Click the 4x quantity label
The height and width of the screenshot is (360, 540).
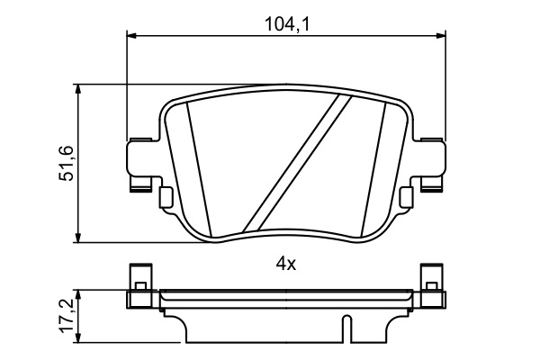click(x=285, y=264)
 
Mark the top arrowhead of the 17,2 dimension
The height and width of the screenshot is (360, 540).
click(x=81, y=293)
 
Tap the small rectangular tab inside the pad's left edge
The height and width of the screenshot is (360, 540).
click(x=165, y=197)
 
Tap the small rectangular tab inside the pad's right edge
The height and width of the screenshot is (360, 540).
click(x=407, y=197)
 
